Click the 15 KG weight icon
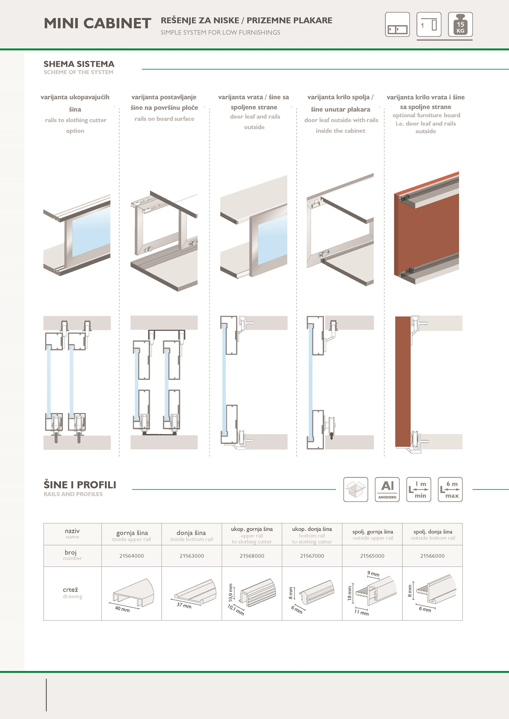[x=460, y=24]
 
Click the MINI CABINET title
[x=97, y=23]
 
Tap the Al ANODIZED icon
[x=387, y=489]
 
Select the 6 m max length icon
[x=450, y=489]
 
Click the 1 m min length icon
[x=418, y=489]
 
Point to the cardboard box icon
[x=355, y=489]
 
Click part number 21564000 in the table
[x=132, y=556]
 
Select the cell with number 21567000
[x=312, y=556]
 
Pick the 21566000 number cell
[x=432, y=556]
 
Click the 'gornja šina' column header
[x=132, y=533]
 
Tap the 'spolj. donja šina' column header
[x=433, y=532]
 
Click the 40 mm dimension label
[x=122, y=609]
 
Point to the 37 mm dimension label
[x=184, y=605]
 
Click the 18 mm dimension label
[x=350, y=593]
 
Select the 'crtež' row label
[x=70, y=590]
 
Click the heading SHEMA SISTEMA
[x=79, y=64]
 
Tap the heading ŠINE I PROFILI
[x=80, y=485]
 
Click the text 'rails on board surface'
[x=164, y=119]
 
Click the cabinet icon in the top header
[x=397, y=24]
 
